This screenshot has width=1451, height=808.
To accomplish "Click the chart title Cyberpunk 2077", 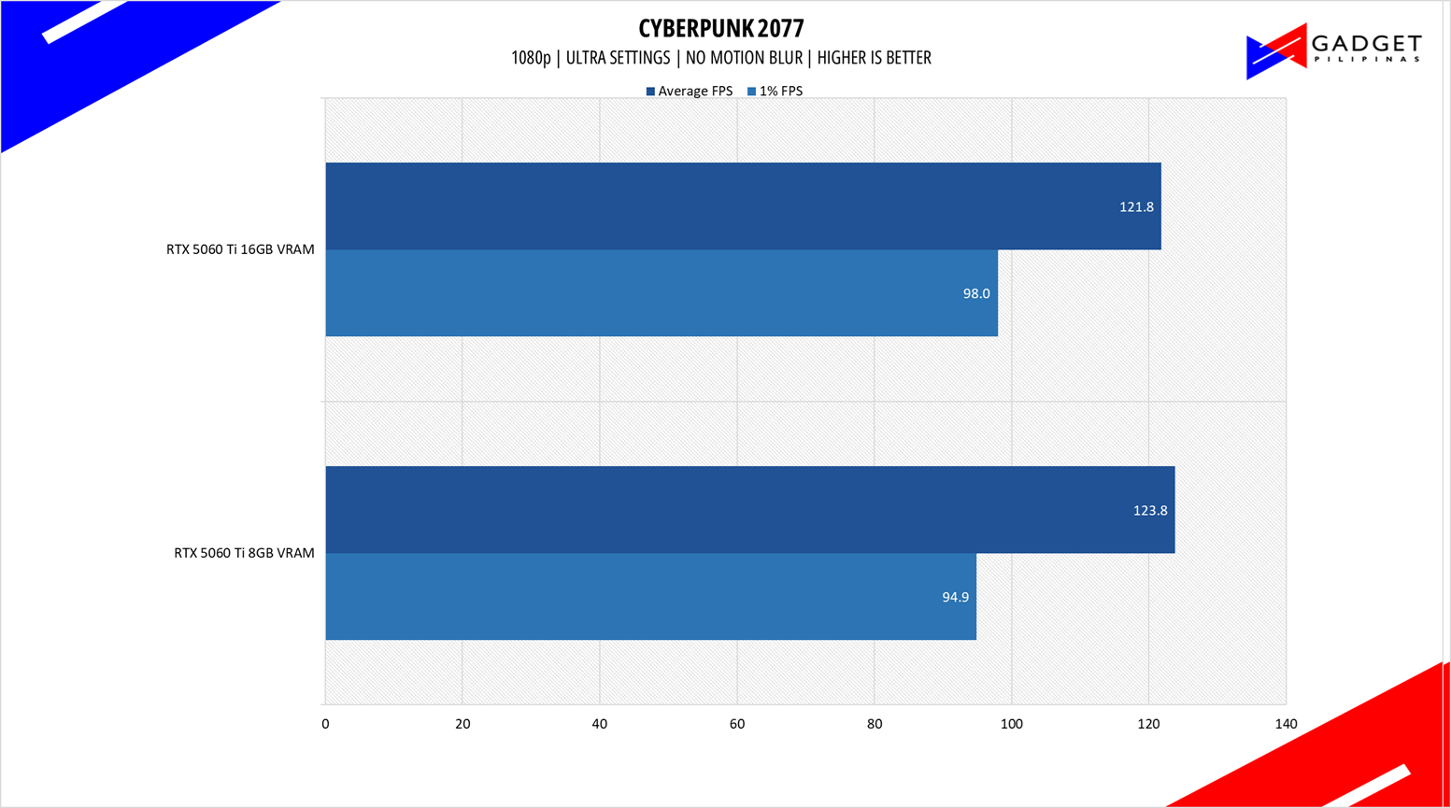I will [x=720, y=28].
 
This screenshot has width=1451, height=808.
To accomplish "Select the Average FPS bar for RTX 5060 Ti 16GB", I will [x=743, y=206].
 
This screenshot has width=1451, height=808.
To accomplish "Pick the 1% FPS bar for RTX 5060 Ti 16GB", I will [x=661, y=293].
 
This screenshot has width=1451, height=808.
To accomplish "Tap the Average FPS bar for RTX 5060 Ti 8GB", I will [x=749, y=510].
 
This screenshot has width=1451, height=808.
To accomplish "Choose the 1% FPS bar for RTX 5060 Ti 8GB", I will [x=650, y=597].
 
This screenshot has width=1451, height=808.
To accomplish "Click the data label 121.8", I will [x=1136, y=207].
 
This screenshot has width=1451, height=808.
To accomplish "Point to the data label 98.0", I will [x=976, y=294].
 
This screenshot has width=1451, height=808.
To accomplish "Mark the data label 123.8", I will [x=1150, y=511].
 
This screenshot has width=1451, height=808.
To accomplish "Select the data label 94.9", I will [x=955, y=598].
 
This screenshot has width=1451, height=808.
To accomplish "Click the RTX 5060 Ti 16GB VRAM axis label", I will [x=240, y=249].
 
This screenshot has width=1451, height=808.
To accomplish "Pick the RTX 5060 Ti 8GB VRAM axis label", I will [x=244, y=553].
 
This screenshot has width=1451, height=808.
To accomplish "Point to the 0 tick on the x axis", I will [x=325, y=724].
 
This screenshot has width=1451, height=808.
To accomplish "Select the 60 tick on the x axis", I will [x=737, y=724].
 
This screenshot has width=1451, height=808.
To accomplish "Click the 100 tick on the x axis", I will [x=1011, y=724].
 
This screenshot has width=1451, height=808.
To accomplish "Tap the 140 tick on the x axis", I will [x=1286, y=724].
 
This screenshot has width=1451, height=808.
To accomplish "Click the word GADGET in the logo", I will [x=1366, y=44].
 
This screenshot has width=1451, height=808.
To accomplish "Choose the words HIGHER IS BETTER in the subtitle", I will [x=874, y=58].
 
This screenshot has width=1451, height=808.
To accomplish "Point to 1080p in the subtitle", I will [x=531, y=58].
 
